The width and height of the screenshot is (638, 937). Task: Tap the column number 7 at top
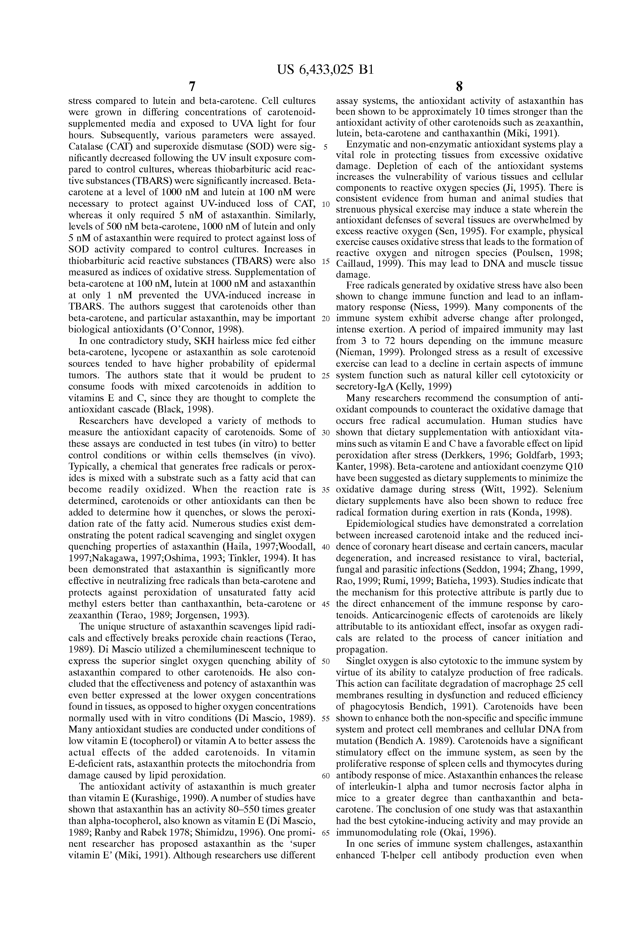pyautogui.click(x=192, y=87)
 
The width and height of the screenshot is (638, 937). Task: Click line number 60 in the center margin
pyautogui.click(x=326, y=776)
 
